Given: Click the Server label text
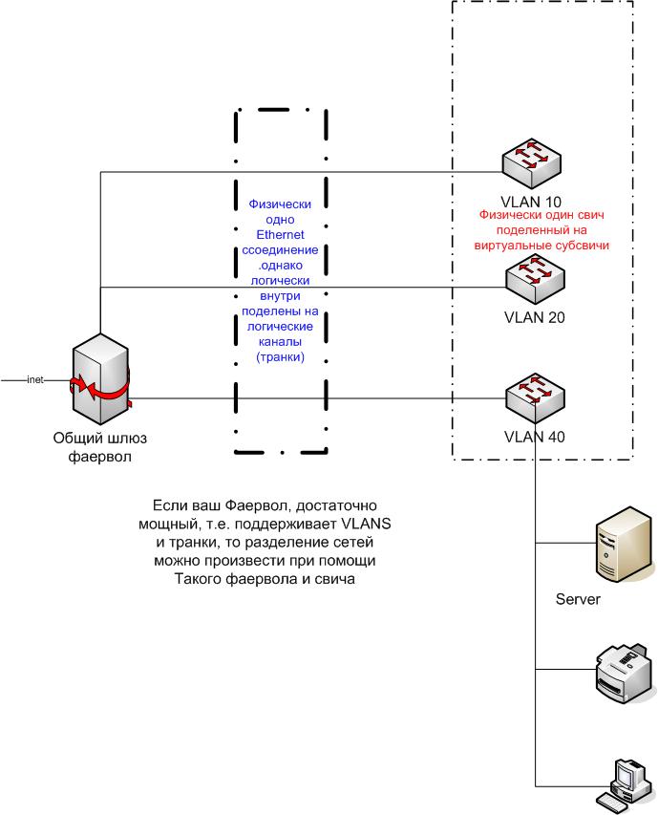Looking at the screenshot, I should click(578, 600).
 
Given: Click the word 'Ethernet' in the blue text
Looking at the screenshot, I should click(280, 233).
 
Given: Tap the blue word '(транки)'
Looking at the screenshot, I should click(280, 356).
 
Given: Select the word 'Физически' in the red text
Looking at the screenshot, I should click(508, 215).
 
